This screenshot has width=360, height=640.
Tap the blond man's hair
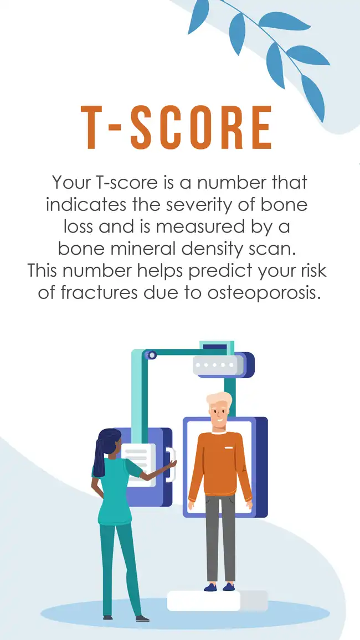(219, 399)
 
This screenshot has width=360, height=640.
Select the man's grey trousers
(220, 537)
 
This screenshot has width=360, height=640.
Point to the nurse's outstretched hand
(170, 464)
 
